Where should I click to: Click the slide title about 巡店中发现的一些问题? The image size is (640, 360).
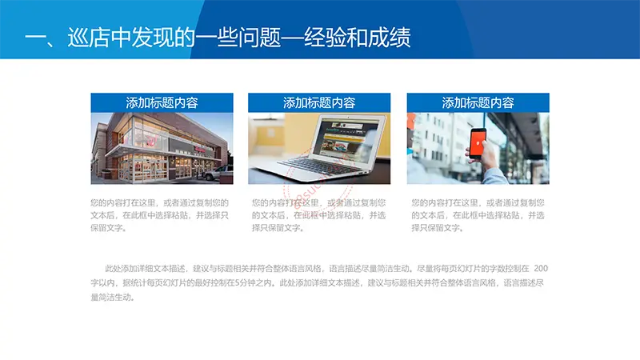click(218, 38)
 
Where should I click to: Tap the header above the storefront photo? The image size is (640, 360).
click(162, 102)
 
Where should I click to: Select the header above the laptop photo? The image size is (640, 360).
click(319, 102)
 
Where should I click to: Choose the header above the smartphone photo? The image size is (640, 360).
click(478, 102)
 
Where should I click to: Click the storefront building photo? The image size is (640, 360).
click(162, 148)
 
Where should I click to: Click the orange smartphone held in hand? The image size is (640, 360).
click(478, 143)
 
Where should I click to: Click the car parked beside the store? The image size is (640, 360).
click(218, 173)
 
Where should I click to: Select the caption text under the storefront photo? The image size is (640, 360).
click(159, 215)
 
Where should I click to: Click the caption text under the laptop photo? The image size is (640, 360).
click(318, 215)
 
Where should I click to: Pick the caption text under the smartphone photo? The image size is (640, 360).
click(478, 215)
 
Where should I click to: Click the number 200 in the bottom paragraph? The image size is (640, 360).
click(541, 268)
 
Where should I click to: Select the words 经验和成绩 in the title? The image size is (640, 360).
click(358, 38)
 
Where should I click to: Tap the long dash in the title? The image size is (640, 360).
click(292, 38)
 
